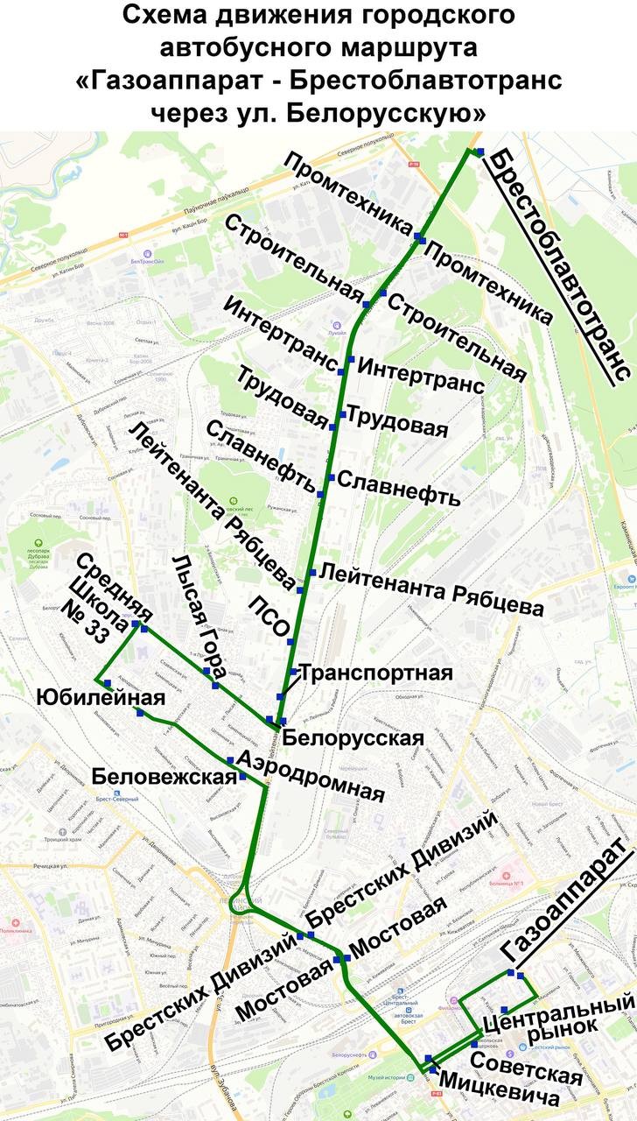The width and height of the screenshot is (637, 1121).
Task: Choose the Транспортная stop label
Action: coord(377,673)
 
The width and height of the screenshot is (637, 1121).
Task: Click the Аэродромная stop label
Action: coord(311,776)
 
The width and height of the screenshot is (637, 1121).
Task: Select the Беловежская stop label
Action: coord(164,776)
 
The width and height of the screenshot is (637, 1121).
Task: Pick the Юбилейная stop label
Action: coord(100,697)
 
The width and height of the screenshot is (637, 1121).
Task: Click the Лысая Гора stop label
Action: coord(200,617)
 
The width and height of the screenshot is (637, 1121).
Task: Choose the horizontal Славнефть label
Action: coord(398,489)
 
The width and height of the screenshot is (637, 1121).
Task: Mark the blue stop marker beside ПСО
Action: coord(290,641)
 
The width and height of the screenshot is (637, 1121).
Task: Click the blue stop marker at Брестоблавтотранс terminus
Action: coord(479,152)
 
